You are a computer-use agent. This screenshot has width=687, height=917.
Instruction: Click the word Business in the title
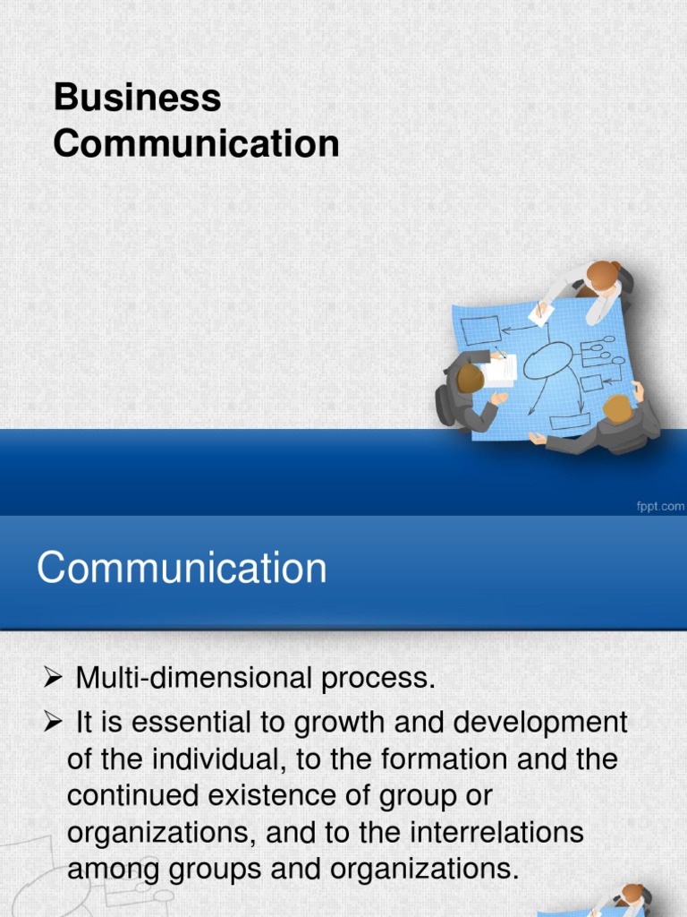pos(137,98)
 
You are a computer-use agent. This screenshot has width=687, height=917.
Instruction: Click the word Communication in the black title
pos(196,143)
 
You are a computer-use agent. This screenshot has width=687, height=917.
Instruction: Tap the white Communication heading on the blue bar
pos(182,569)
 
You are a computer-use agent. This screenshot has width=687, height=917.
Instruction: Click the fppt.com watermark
pos(659,507)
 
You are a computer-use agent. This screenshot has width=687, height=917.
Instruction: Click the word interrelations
pos(496,832)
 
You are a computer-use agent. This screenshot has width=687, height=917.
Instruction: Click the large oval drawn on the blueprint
pos(547,360)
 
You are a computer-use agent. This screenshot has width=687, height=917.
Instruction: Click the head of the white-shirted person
pos(602,275)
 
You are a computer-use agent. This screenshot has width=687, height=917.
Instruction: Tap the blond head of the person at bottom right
pos(617,408)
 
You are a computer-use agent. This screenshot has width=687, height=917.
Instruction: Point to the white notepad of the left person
pos(498,370)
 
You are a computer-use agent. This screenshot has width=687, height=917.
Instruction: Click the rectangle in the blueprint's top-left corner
pos(481,330)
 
